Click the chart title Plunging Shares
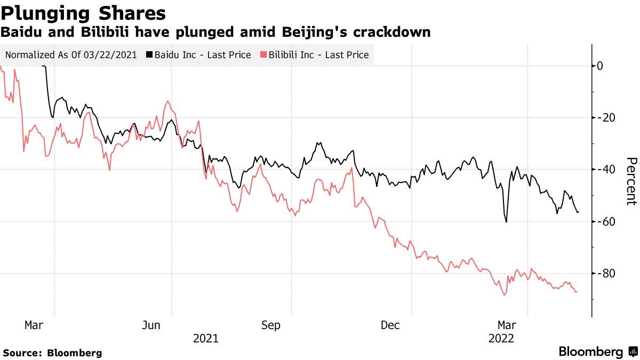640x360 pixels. (83, 13)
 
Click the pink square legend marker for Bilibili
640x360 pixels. (263, 55)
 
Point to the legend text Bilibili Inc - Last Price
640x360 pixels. (318, 55)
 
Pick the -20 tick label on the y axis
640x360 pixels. (605, 118)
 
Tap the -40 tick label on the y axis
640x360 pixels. (605, 170)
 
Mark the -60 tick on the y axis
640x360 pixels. (605, 221)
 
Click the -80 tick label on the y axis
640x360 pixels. (605, 274)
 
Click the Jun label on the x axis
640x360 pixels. (152, 325)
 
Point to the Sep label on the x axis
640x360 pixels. (271, 325)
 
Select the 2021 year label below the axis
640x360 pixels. (205, 338)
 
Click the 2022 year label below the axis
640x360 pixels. (501, 338)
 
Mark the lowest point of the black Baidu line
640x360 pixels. (506, 222)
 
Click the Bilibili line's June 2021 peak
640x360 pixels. (167, 101)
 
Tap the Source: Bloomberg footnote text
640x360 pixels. (52, 353)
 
